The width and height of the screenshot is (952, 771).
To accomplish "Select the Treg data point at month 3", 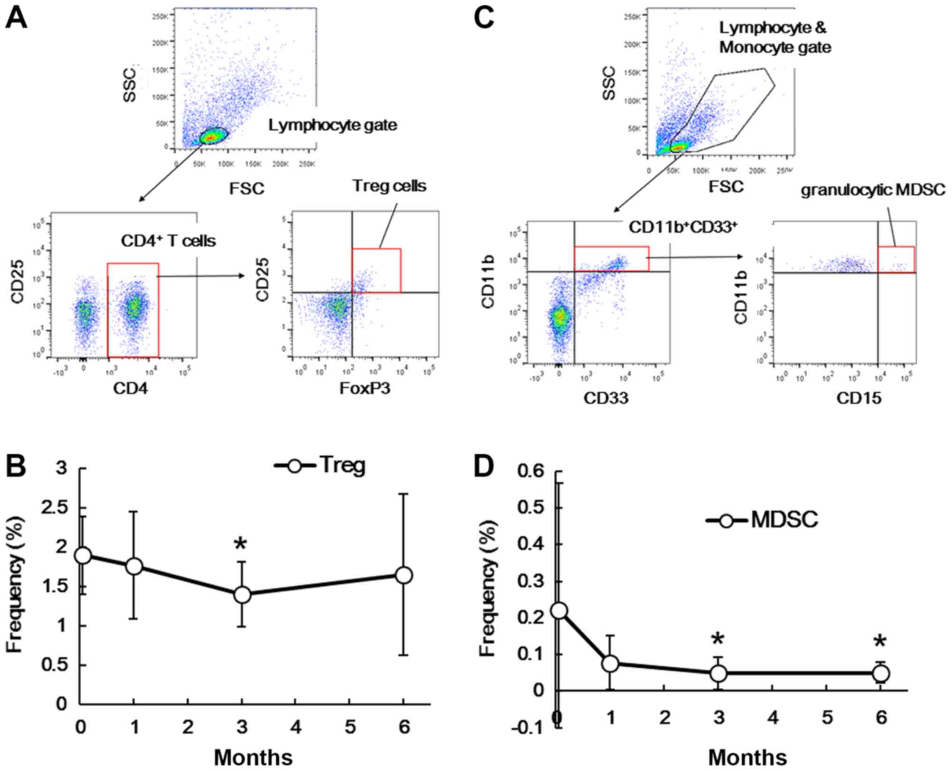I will pyautogui.click(x=242, y=595).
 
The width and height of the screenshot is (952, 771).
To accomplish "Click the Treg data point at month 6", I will pyautogui.click(x=404, y=575).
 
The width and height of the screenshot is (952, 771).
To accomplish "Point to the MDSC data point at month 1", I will pyautogui.click(x=610, y=663).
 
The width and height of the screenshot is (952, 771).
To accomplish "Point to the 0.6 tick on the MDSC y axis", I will pyautogui.click(x=532, y=471).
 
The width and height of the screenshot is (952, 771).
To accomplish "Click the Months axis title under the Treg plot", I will pyautogui.click(x=253, y=757).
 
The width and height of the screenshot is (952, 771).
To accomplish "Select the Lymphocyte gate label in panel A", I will pyautogui.click(x=332, y=125).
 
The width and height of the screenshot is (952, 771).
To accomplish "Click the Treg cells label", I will pyautogui.click(x=390, y=186).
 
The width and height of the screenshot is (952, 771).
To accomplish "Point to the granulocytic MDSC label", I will pyautogui.click(x=873, y=190).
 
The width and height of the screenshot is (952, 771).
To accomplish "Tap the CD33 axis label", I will pyautogui.click(x=606, y=398).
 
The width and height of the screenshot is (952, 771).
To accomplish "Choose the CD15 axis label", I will pyautogui.click(x=859, y=398).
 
